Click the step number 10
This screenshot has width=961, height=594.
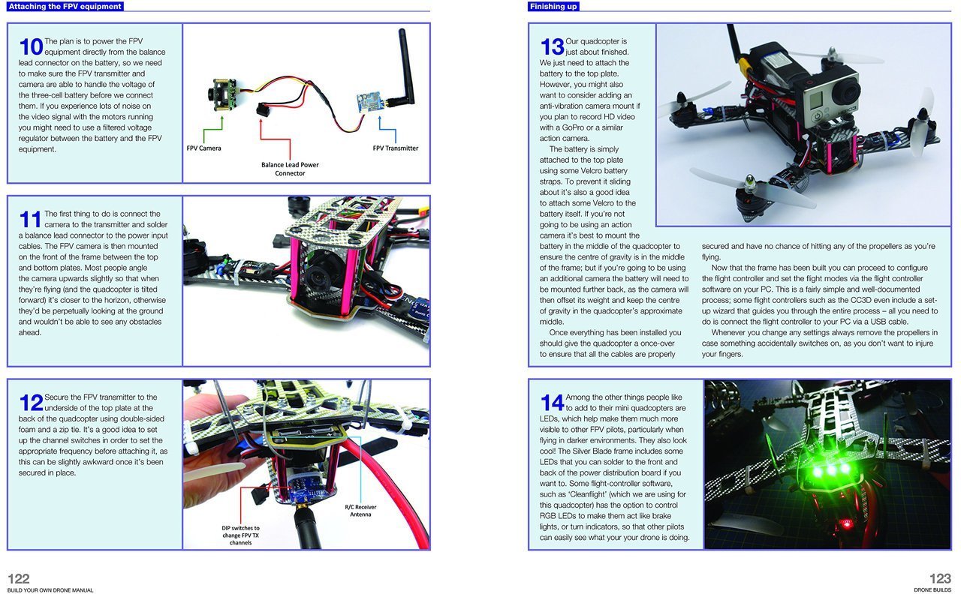31,46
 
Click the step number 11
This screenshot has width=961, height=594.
30,219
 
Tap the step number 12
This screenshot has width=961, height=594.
31,403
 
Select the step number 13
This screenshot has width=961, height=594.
552,46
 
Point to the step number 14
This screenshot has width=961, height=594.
552,403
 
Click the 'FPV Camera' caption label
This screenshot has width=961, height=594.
203,148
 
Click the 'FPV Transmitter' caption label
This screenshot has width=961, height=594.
395,148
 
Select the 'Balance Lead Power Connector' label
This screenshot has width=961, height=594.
290,169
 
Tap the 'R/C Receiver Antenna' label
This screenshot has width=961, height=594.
360,511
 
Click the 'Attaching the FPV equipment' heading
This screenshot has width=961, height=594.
64,6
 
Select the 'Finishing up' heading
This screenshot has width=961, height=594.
553,6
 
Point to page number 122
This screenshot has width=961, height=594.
19,578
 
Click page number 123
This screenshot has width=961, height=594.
940,578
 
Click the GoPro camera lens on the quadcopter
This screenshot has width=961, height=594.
849,93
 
